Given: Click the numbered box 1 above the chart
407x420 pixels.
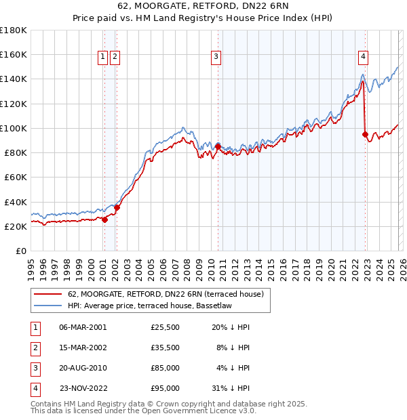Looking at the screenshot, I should (103, 58).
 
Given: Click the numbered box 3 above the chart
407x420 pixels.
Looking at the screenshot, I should (216, 58).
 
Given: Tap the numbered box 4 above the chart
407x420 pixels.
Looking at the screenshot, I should (364, 58).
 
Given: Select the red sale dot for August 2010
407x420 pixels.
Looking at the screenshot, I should (218, 146).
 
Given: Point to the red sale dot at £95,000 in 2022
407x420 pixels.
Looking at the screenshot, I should (366, 134).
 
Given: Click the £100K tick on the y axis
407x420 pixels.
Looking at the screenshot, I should (14, 128).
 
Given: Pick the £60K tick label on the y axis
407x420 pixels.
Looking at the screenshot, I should (16, 177).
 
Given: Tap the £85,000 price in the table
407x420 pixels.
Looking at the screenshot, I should (165, 368).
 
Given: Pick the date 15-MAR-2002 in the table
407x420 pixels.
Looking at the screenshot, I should (83, 348).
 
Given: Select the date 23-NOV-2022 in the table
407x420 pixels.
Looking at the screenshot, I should (83, 388).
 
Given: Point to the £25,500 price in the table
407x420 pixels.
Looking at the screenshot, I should (165, 327).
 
